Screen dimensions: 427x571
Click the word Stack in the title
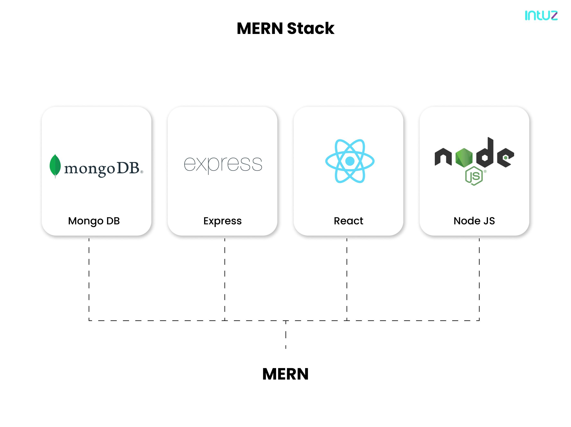point(310,28)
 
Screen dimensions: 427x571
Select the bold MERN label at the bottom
point(285,374)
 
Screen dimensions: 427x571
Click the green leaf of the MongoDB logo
point(55,165)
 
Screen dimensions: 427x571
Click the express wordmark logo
point(223,164)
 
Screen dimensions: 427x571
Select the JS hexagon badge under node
point(474,176)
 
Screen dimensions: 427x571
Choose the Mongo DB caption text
point(94,221)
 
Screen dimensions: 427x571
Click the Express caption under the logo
point(222,221)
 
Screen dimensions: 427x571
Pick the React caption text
point(348,221)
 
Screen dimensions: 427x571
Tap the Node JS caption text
point(474,221)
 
